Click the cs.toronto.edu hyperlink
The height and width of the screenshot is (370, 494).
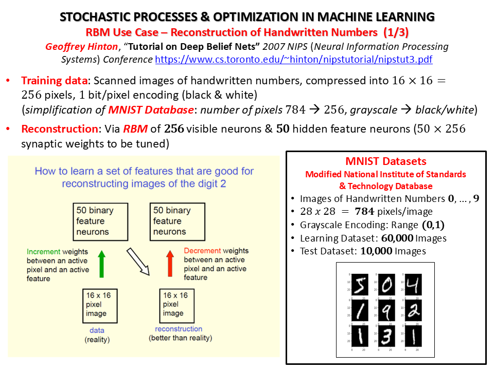pyautogui.click(x=294, y=60)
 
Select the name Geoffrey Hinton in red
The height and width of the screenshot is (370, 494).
pyautogui.click(x=82, y=47)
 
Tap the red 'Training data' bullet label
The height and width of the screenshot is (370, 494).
pyautogui.click(x=54, y=81)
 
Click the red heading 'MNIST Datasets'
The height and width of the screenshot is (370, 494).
pyautogui.click(x=386, y=161)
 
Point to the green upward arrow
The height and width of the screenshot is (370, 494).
pyautogui.click(x=101, y=264)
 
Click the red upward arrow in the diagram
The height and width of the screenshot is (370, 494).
pyautogui.click(x=170, y=263)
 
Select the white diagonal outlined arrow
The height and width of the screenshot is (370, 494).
pyautogui.click(x=138, y=262)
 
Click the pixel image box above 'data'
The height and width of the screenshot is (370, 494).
pyautogui.click(x=100, y=306)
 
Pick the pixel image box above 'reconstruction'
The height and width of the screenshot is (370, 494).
pyautogui.click(x=177, y=306)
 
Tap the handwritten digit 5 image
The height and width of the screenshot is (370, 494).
pyautogui.click(x=360, y=284)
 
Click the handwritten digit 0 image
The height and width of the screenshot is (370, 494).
pyautogui.click(x=386, y=284)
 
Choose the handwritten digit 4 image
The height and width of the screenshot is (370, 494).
pyautogui.click(x=413, y=284)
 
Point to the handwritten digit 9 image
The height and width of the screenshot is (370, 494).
pyautogui.click(x=386, y=310)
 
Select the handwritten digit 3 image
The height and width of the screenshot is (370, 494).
pyautogui.click(x=386, y=336)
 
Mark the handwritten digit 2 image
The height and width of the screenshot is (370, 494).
pyautogui.click(x=413, y=310)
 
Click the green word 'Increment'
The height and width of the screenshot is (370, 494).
pyautogui.click(x=43, y=252)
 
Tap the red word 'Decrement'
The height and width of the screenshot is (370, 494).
pyautogui.click(x=202, y=251)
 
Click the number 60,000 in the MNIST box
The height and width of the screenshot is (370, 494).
pyautogui.click(x=397, y=238)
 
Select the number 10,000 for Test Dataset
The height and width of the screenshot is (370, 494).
pyautogui.click(x=376, y=251)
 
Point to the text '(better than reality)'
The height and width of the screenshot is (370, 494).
pyautogui.click(x=181, y=338)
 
